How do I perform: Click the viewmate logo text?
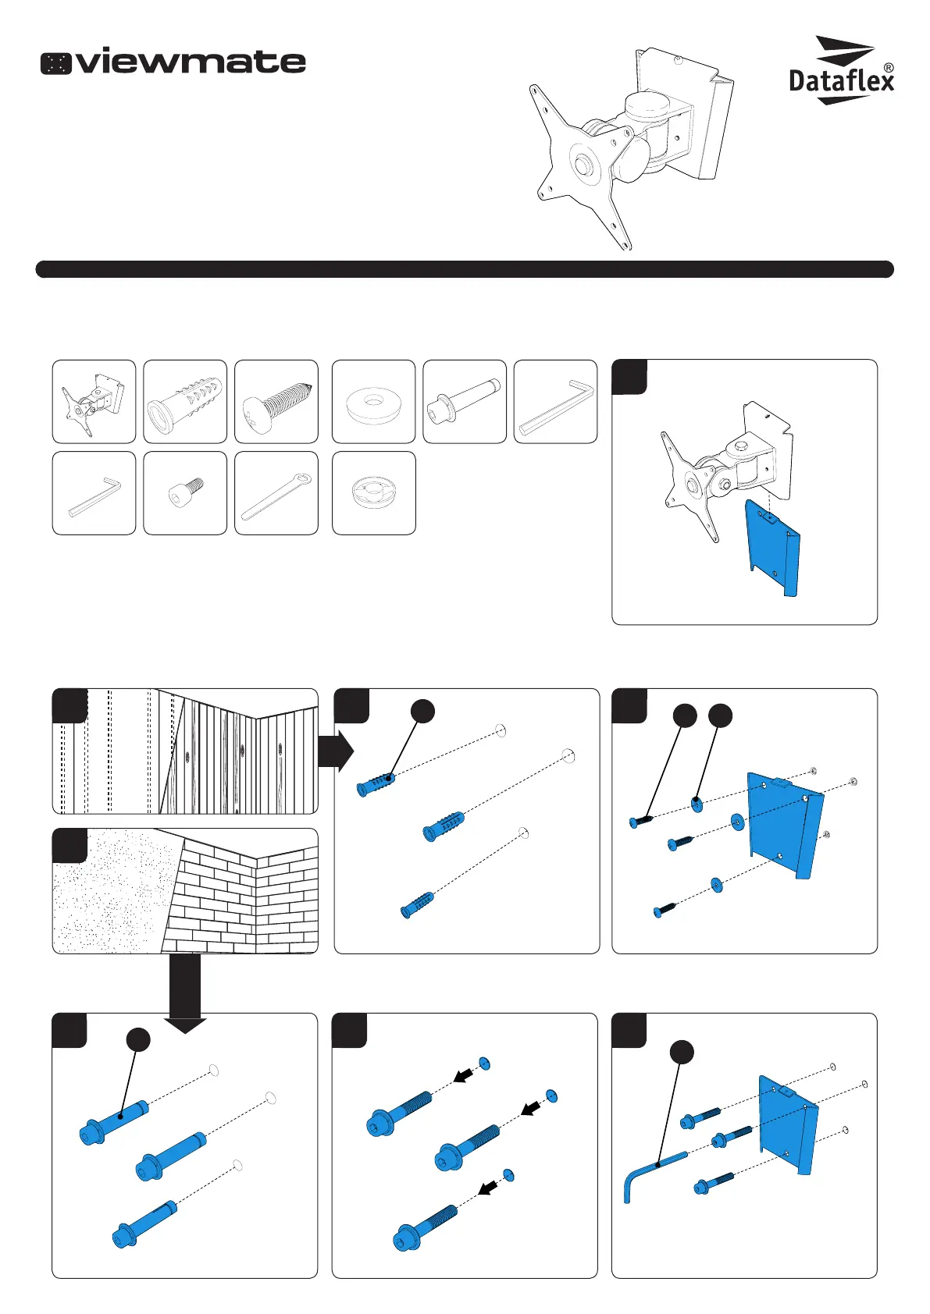191,62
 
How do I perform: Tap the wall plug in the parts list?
185,402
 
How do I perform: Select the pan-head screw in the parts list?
276,403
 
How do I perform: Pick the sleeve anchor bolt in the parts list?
465,403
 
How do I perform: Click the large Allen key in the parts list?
555,402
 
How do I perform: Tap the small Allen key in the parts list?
94,494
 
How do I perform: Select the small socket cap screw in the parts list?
185,494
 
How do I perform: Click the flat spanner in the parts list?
276,494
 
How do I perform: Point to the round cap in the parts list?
373,494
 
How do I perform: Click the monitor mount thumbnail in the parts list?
94,402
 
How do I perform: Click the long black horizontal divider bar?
465,269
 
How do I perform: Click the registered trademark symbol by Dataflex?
888,69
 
